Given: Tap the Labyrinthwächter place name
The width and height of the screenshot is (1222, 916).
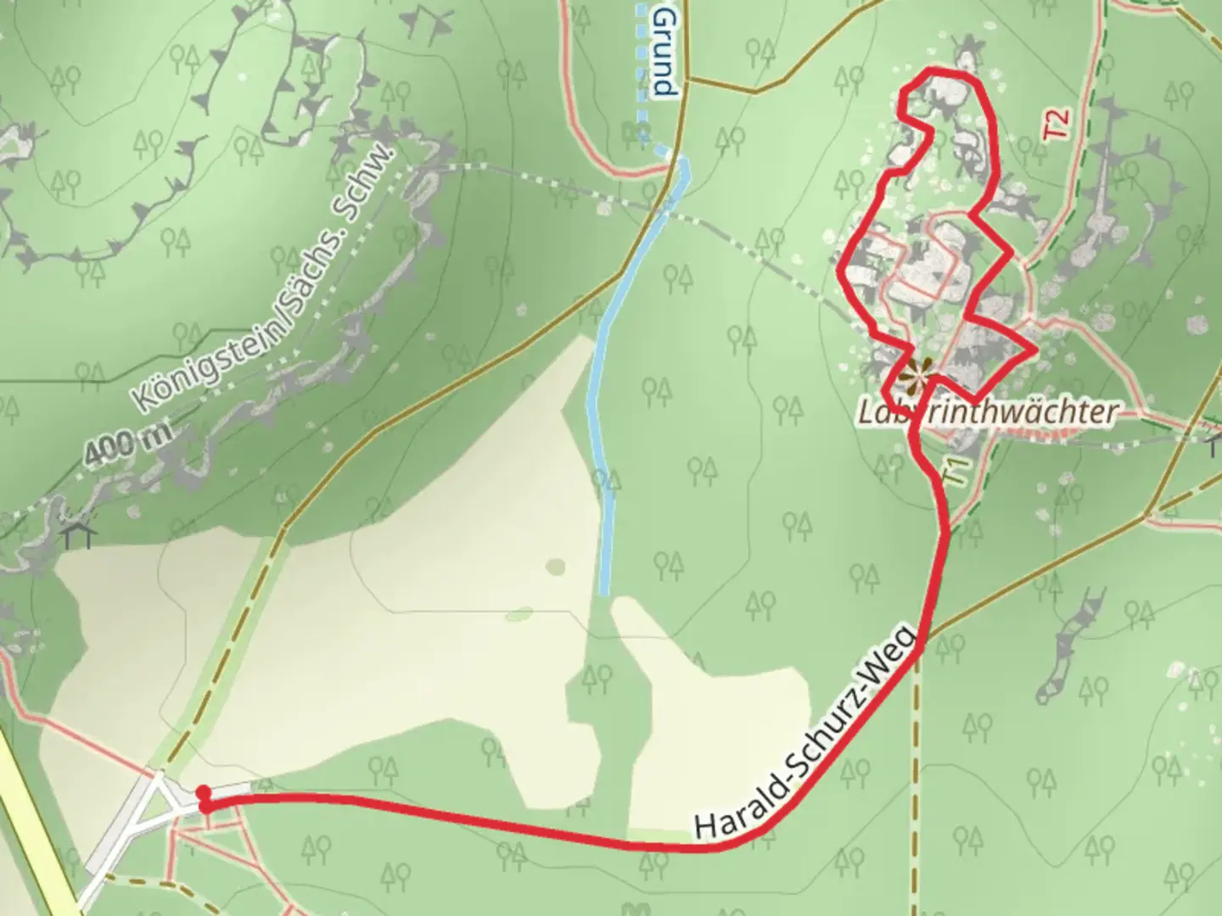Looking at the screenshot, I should (986, 413).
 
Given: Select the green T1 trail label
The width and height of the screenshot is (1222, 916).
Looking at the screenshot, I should (956, 472).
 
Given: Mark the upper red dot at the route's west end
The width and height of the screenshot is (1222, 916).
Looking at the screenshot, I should (203, 792).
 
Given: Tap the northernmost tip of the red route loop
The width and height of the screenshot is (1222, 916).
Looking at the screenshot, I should (933, 71).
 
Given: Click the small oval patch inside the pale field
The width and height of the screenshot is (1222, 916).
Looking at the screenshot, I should (556, 566).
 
